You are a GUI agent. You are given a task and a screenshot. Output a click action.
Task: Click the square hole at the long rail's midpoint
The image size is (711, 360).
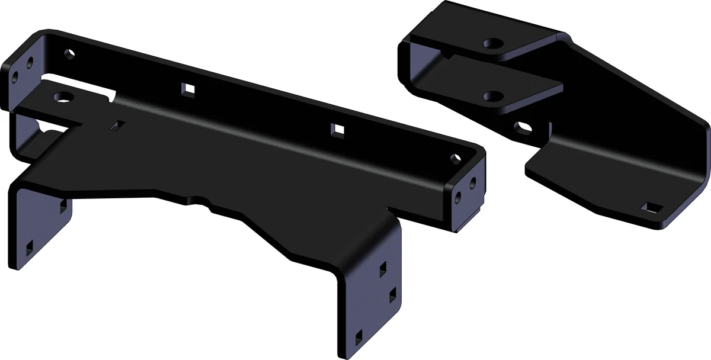click(x=189, y=89)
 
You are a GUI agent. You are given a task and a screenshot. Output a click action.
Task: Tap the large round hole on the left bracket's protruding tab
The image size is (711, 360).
click(x=62, y=97)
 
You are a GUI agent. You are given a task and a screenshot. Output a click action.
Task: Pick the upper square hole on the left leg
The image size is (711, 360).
click(x=62, y=206)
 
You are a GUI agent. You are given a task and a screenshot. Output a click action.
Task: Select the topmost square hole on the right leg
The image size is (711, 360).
click(x=383, y=266)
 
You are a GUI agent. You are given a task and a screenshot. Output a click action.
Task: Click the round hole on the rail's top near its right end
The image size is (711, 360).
click(x=455, y=158)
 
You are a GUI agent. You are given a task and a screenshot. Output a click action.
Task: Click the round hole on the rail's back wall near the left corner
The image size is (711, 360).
click(x=71, y=54)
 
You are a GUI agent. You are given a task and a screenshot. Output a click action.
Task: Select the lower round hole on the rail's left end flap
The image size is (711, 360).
click(x=15, y=77)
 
